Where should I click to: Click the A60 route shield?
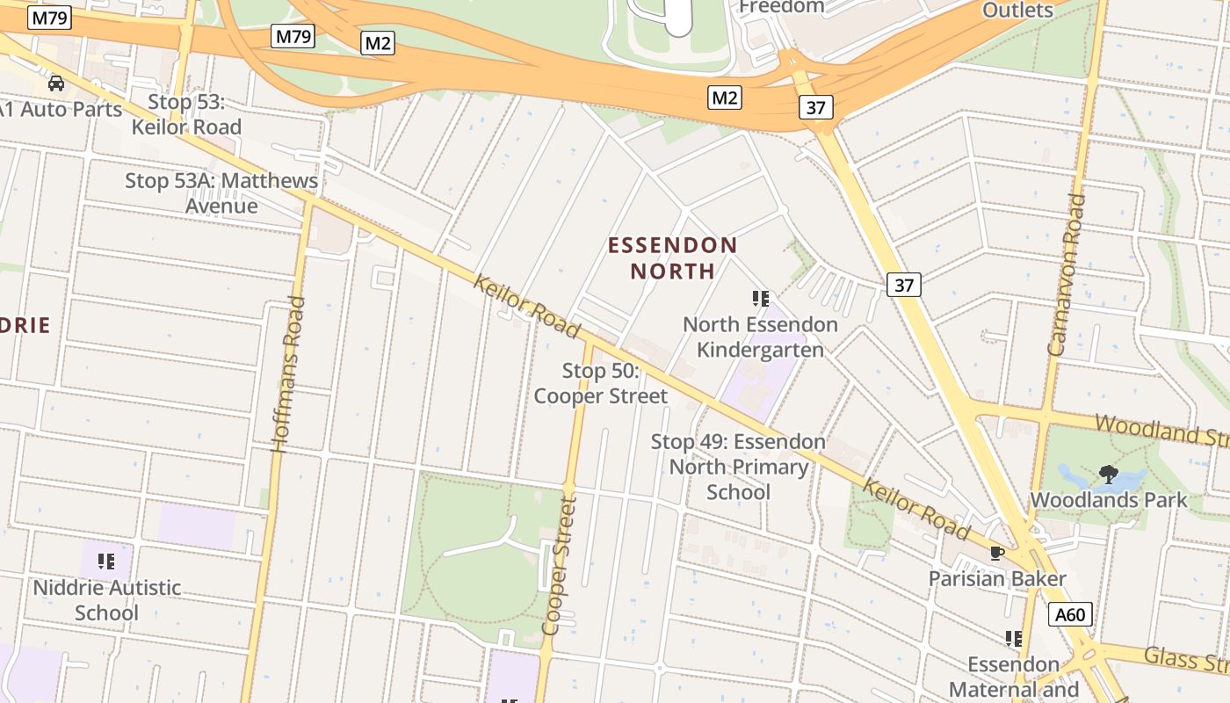pos(1070,614)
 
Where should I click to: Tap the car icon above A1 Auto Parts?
pos(56,83)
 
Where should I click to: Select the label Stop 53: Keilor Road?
pos(186,114)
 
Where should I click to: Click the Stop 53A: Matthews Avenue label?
pos(221,193)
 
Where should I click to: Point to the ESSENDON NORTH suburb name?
pos(673,257)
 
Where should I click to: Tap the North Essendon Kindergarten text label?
pos(760,337)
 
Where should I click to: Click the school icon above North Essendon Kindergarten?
pos(761,299)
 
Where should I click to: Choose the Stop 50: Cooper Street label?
pos(601,384)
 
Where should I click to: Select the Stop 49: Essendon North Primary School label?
pos(738,467)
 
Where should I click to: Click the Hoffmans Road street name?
pos(288,374)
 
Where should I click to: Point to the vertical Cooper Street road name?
pos(559,566)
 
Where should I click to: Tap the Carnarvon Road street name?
pos(1067,274)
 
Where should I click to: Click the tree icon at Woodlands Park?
pos(1109,475)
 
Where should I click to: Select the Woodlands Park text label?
pos(1109,501)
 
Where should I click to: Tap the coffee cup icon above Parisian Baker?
pos(997,553)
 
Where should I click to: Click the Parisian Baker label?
pos(997,579)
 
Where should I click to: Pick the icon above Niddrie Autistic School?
pos(106,562)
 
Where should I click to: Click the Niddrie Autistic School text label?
pos(106,600)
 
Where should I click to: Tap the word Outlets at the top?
pos(1017,11)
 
